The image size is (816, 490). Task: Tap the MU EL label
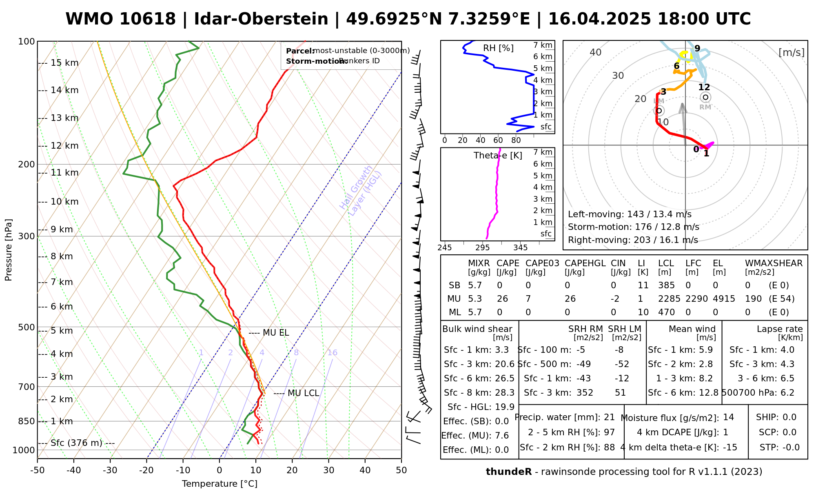click(276, 333)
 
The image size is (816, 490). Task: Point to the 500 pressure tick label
click(27, 327)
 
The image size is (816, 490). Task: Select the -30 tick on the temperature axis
click(110, 470)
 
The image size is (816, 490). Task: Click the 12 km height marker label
click(64, 146)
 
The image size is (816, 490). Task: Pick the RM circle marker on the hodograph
click(705, 97)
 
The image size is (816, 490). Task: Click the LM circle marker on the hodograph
click(659, 111)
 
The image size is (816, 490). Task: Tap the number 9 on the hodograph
click(697, 49)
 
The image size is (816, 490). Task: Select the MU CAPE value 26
click(502, 299)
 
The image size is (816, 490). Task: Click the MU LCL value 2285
click(669, 299)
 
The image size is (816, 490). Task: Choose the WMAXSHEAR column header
click(774, 263)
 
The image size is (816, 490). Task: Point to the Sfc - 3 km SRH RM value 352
click(585, 393)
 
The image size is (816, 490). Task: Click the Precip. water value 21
click(609, 417)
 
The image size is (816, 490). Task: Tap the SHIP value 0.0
click(789, 417)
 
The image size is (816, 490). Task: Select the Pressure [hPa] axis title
click(9, 250)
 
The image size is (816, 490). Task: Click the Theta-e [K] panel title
click(498, 156)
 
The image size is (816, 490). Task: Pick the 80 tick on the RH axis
click(516, 140)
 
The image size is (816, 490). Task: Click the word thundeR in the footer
click(508, 472)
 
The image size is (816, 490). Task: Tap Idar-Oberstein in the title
click(261, 19)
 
